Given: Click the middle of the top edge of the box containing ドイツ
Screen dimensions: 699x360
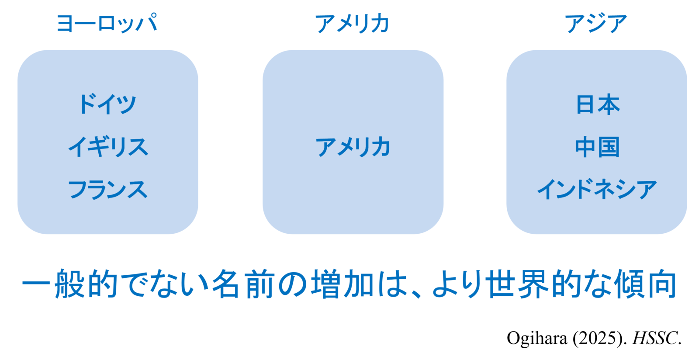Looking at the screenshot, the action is tap(107, 50).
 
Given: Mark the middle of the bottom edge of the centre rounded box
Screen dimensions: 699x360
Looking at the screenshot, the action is tap(353, 234).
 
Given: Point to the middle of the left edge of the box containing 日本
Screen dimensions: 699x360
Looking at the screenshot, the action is tap(506, 142).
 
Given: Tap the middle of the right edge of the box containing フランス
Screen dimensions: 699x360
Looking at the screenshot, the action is tap(198, 142).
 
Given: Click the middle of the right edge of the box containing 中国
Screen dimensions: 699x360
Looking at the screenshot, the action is tap(687, 142).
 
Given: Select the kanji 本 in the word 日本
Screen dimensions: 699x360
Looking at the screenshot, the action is tap(609, 105).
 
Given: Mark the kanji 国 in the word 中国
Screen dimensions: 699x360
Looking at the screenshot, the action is tap(609, 147).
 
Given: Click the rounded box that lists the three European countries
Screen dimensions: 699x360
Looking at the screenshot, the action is tap(107, 142).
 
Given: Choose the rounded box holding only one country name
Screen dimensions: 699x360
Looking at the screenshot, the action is tap(353, 142).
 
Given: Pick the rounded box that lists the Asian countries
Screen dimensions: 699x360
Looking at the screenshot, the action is tap(597, 142).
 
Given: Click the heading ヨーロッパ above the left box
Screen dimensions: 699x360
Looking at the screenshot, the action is tap(107, 23).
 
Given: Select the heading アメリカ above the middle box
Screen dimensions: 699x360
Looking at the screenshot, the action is tap(352, 24).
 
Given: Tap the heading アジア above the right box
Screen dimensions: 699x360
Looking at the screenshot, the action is tap(596, 24).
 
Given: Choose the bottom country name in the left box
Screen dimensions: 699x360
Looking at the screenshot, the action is tap(107, 189).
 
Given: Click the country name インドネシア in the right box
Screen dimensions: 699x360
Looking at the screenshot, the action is tap(597, 189).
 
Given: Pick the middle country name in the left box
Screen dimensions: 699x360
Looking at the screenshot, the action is tap(108, 147).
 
